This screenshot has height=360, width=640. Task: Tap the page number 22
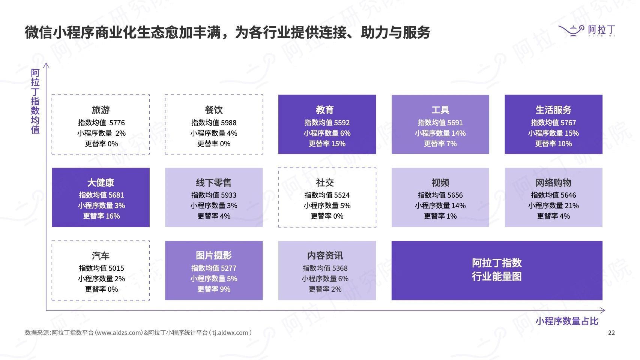[611, 333]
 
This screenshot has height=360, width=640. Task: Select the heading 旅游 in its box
[101, 110]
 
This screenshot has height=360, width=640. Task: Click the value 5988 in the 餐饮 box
[228, 123]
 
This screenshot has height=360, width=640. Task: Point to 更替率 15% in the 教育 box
[327, 143]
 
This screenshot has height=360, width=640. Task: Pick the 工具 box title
[440, 110]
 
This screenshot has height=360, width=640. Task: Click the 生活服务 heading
[553, 110]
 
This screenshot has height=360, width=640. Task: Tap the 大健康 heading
[101, 183]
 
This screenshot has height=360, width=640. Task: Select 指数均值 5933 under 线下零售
[214, 195]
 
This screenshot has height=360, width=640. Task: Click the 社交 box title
[325, 183]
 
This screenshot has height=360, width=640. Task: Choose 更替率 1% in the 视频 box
[440, 216]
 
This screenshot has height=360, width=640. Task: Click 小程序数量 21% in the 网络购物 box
[553, 205]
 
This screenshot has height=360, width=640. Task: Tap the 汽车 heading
[101, 255]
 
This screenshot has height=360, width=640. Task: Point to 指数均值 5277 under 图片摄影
[214, 268]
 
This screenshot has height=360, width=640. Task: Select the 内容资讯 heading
[325, 255]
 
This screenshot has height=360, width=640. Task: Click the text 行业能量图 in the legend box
[497, 276]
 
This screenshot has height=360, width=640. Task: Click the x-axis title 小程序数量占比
[566, 321]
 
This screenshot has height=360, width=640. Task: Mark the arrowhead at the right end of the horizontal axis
[603, 310]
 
